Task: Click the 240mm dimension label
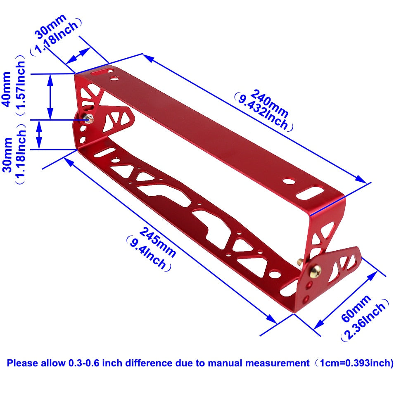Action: [x=269, y=103]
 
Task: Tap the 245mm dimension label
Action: [x=157, y=242]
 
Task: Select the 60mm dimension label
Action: [x=356, y=308]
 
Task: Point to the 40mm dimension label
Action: [x=7, y=89]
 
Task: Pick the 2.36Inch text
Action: [x=365, y=320]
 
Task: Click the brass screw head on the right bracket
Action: [x=315, y=271]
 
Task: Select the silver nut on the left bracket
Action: [x=88, y=119]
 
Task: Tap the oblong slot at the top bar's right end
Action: [x=310, y=193]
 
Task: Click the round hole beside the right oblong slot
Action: [x=289, y=181]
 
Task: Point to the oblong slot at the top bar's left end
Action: [x=102, y=71]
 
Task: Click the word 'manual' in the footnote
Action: [x=225, y=363]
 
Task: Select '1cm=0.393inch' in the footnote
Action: [x=356, y=363]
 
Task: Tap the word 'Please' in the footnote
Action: [x=23, y=363]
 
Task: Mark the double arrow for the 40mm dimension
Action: [x=50, y=97]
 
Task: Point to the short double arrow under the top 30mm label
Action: [x=78, y=56]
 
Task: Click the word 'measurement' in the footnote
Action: [x=278, y=363]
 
